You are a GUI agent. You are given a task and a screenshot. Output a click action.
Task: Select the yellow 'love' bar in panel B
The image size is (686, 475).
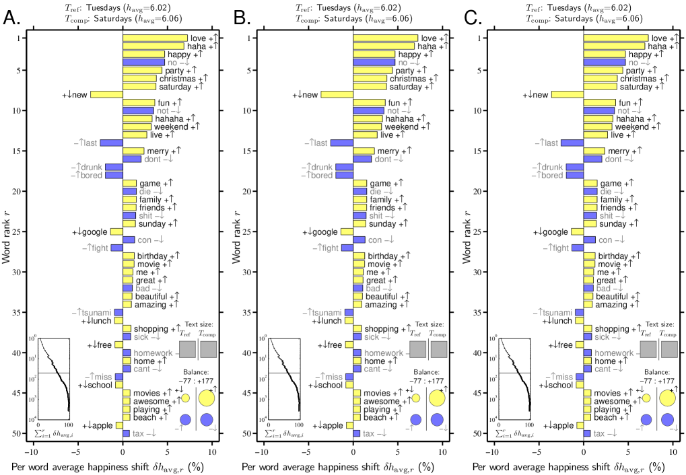(x=385, y=38)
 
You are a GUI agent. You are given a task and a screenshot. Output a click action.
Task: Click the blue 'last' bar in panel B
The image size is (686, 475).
(x=341, y=143)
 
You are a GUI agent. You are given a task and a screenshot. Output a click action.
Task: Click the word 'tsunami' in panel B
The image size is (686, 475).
(x=324, y=313)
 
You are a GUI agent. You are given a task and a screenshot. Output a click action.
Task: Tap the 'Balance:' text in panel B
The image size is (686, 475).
(x=427, y=371)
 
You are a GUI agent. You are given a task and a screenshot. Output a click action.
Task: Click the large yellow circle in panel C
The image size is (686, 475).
(x=667, y=398)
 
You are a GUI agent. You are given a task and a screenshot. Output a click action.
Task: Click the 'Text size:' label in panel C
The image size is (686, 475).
(x=656, y=324)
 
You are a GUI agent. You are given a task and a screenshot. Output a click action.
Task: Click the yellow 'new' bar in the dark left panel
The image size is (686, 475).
(x=106, y=95)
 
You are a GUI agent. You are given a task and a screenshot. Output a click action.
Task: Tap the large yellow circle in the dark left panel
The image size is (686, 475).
(x=206, y=398)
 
